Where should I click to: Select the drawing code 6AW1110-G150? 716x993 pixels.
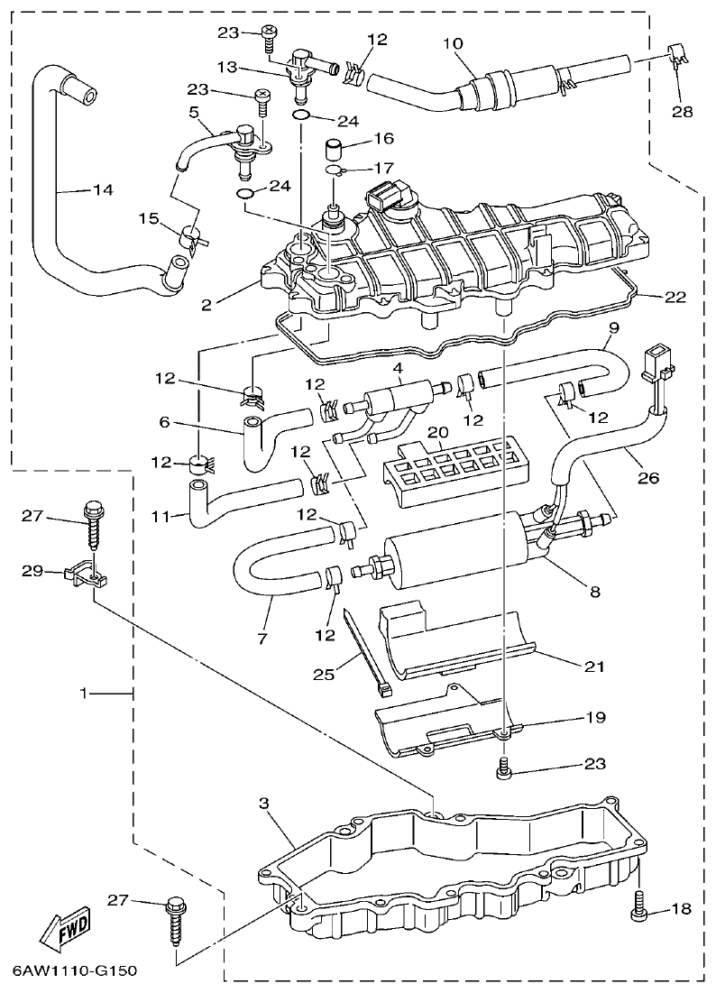click(x=74, y=971)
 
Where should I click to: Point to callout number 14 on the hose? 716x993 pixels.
click(x=103, y=190)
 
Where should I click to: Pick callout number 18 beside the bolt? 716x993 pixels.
click(x=681, y=909)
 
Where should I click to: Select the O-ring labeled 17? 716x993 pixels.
click(x=334, y=170)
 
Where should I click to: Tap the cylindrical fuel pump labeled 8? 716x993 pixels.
click(x=469, y=550)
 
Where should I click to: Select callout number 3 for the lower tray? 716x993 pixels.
click(x=264, y=802)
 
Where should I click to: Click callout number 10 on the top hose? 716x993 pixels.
click(x=452, y=44)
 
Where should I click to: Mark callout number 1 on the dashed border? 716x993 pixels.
click(x=85, y=694)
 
